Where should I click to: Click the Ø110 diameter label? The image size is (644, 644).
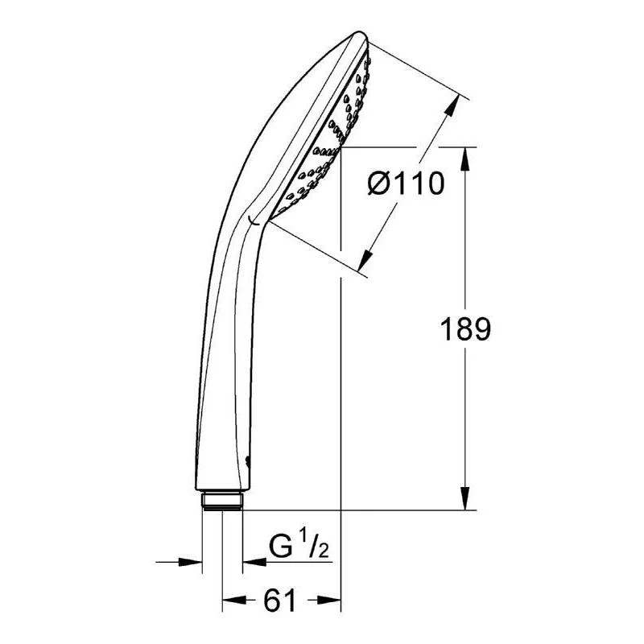(406, 184)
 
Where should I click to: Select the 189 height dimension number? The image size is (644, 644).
(465, 329)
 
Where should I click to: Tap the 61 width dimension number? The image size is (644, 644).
(279, 600)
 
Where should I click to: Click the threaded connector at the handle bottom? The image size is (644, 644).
(222, 501)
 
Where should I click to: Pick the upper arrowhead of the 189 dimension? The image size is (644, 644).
(465, 159)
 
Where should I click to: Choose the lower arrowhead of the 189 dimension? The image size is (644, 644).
(465, 498)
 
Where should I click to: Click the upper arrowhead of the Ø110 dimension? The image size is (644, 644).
(452, 107)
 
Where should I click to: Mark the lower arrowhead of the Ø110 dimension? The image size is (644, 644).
(365, 259)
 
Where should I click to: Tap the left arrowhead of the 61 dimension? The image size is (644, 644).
(234, 600)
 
